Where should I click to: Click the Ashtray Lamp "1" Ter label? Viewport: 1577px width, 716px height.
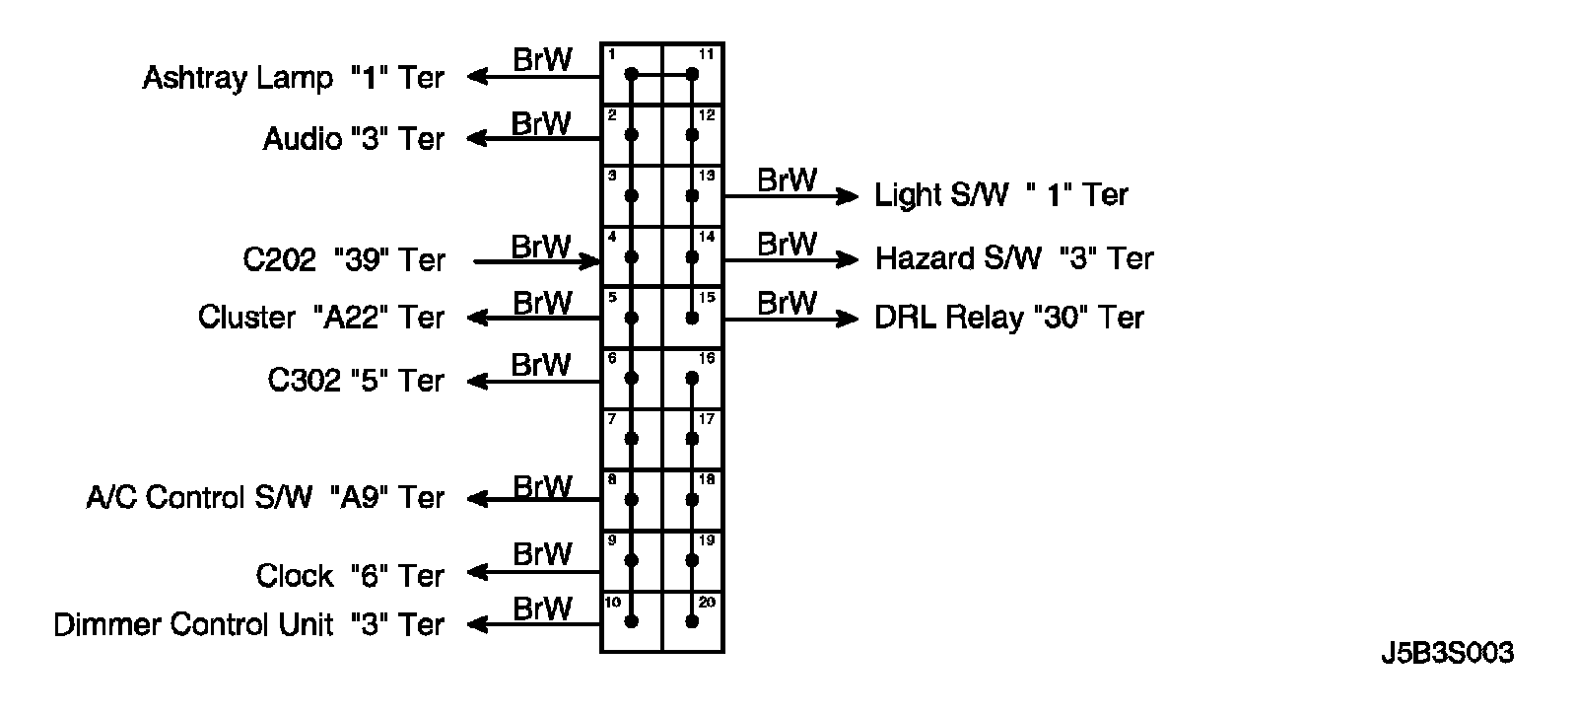(x=293, y=78)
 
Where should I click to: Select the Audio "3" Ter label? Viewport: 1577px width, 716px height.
(x=353, y=139)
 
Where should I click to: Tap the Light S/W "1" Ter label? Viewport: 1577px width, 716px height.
(x=1000, y=195)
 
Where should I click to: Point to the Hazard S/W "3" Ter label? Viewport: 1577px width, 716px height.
(x=1014, y=258)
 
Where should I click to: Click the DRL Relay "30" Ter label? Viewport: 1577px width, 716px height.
(x=1008, y=319)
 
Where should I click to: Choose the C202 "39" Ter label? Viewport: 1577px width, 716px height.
(x=344, y=260)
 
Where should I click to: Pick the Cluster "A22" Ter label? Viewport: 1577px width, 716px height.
(x=320, y=318)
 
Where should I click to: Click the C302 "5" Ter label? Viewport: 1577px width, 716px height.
(x=356, y=381)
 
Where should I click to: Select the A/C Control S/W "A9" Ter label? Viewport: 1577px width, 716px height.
(x=265, y=498)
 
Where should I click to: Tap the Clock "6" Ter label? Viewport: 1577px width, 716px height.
(x=350, y=576)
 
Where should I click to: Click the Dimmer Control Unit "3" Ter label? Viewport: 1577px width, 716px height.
(x=248, y=625)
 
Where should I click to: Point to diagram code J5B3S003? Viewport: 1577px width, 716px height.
(x=1447, y=653)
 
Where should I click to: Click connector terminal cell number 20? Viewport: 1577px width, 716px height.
(x=693, y=621)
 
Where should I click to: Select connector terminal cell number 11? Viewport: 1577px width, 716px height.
(x=693, y=74)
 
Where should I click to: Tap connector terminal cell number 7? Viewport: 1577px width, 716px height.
(x=632, y=439)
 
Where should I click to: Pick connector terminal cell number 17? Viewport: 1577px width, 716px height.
(x=693, y=439)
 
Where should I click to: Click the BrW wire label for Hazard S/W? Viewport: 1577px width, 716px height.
(x=787, y=243)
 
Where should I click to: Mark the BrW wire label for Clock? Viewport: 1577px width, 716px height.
(x=542, y=554)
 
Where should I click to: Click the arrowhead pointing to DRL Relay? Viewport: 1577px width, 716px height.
(x=849, y=319)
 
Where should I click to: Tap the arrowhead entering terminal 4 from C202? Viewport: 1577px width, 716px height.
(x=591, y=261)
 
